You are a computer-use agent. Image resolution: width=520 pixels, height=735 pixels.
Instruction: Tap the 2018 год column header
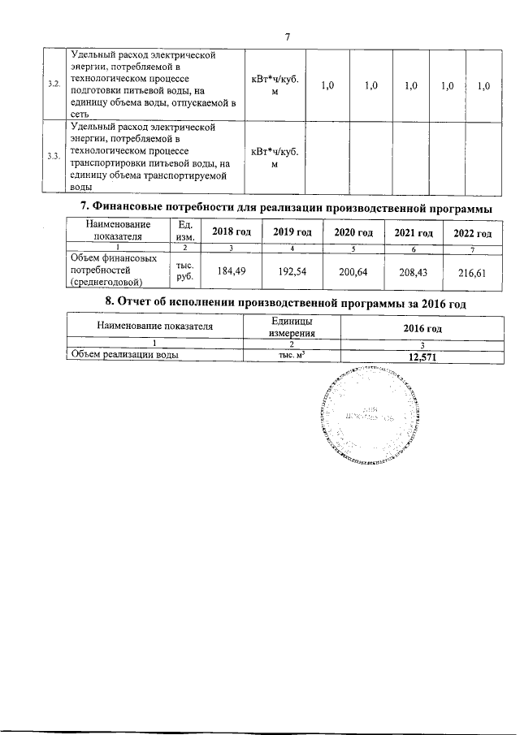coord(232,233)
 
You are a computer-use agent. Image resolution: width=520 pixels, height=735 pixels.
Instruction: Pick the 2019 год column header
coord(292,233)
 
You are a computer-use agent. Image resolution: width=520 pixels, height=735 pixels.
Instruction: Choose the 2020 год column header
coord(354,233)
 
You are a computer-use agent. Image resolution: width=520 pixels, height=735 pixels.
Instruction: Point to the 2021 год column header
coord(414,234)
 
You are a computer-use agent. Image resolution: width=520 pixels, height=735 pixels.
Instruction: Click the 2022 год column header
coord(473,234)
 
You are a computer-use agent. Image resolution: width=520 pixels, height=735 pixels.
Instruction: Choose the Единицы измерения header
coord(292,327)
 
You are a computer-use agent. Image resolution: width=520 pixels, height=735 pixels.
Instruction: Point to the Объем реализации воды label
coord(124,355)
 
